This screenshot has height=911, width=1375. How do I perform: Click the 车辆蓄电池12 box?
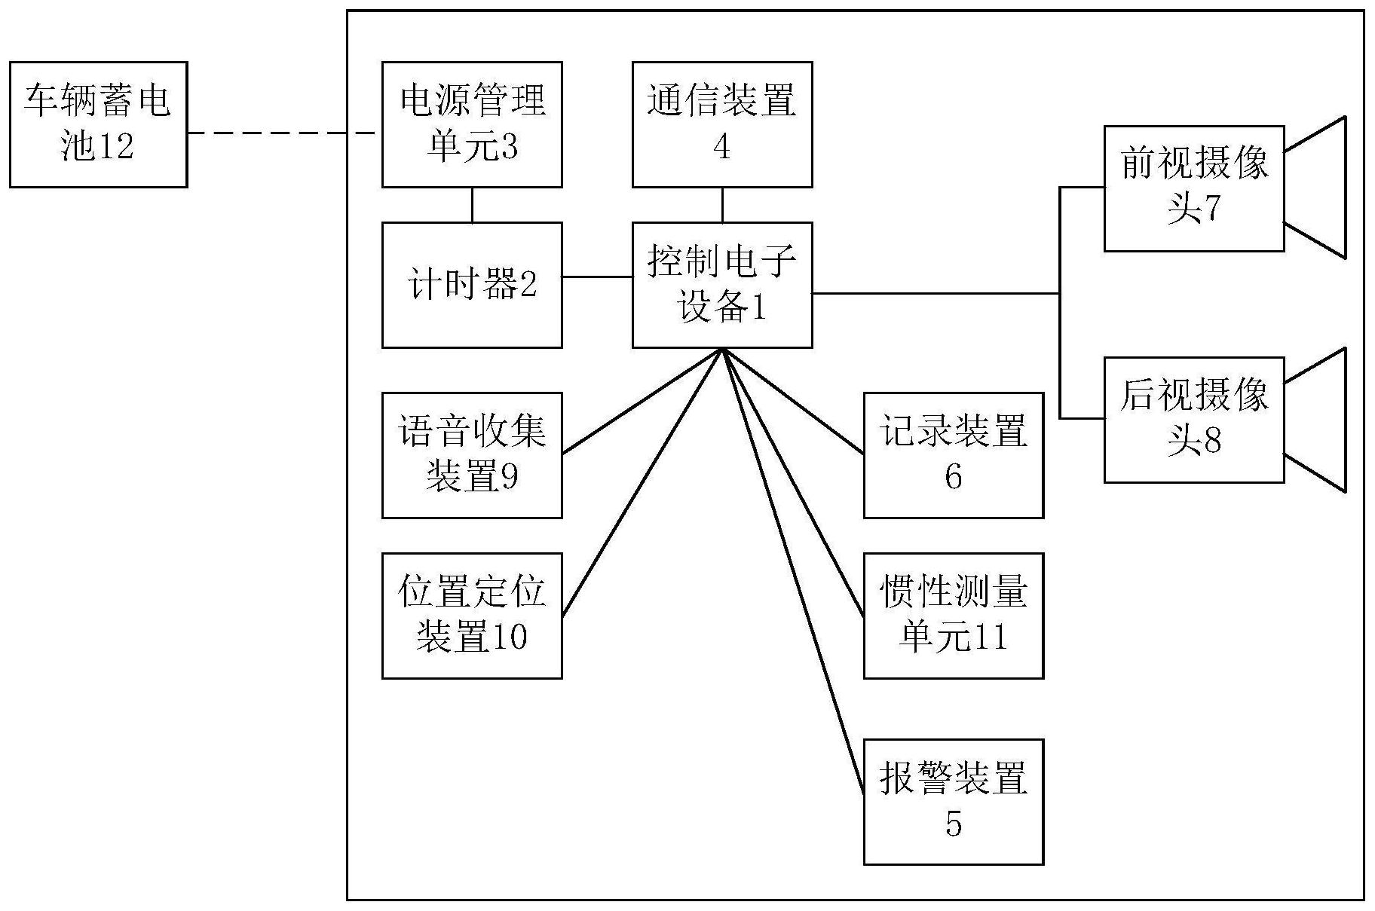(x=98, y=124)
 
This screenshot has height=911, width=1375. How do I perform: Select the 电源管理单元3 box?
(x=472, y=124)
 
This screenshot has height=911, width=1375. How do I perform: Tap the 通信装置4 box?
(x=721, y=124)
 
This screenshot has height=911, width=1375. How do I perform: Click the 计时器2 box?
(x=472, y=285)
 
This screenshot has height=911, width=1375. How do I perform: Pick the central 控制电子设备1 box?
(x=721, y=285)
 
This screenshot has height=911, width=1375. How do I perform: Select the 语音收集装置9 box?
(x=472, y=455)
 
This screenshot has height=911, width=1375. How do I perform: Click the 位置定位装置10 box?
(x=472, y=616)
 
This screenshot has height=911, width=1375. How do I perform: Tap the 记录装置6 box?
(x=953, y=455)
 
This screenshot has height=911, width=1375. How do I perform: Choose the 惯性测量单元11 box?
(x=953, y=616)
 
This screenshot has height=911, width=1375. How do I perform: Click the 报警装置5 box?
(x=953, y=802)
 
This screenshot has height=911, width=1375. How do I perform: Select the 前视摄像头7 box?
(x=1193, y=188)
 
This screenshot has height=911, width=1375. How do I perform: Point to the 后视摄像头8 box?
(x=1193, y=420)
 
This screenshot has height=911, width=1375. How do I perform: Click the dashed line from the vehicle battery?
(x=283, y=133)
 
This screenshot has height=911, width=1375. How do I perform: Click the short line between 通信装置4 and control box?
(x=722, y=204)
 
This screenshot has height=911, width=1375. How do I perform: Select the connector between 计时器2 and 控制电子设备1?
(x=597, y=277)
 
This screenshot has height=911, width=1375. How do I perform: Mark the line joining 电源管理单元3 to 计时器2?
(x=473, y=204)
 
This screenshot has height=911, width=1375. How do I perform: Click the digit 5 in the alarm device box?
(x=954, y=824)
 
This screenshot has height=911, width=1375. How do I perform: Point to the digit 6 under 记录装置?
(x=954, y=477)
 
